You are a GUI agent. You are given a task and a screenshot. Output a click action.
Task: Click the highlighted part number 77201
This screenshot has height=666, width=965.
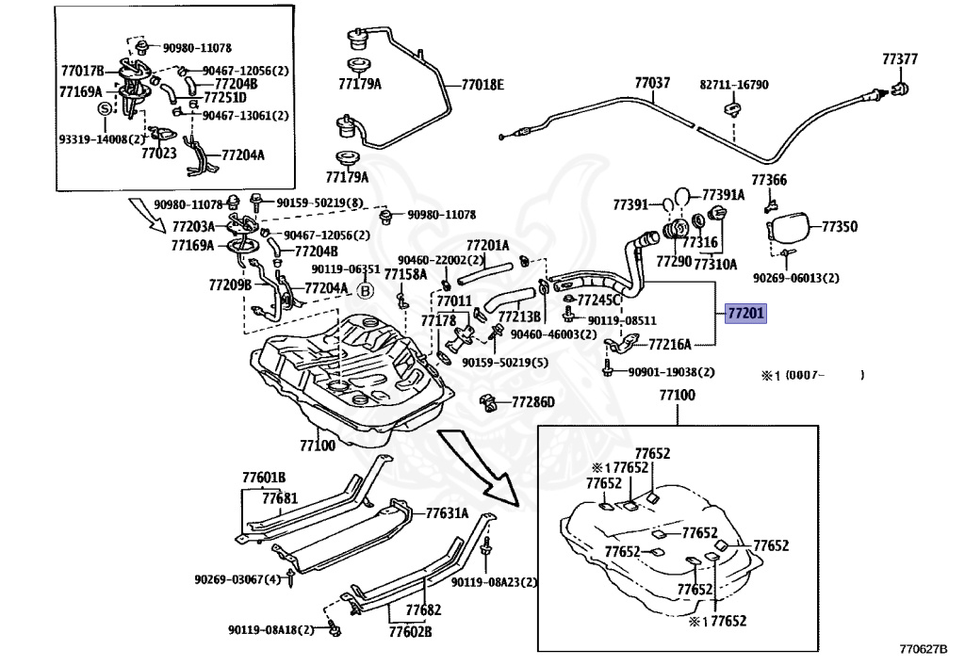[746, 313]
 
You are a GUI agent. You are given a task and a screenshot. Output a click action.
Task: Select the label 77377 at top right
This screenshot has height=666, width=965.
[899, 59]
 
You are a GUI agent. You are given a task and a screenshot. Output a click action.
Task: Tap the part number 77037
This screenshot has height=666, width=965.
[652, 83]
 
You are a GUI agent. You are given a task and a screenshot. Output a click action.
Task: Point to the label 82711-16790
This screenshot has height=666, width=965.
[733, 85]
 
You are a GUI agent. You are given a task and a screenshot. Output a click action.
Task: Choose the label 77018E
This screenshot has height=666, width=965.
[482, 85]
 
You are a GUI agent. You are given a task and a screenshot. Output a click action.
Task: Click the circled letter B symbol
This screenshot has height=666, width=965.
[367, 291]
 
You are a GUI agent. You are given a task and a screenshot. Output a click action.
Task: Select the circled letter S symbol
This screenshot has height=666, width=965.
[106, 109]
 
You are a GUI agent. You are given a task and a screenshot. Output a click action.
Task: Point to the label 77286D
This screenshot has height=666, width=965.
[533, 402]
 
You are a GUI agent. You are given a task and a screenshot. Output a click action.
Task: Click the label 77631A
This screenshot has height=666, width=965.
[447, 513]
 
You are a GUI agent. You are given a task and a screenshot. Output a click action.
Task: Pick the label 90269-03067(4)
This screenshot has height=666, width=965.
[237, 579]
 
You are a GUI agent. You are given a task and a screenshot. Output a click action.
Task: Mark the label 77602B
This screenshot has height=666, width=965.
[409, 630]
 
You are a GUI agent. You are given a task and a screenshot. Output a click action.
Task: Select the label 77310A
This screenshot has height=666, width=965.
[715, 265]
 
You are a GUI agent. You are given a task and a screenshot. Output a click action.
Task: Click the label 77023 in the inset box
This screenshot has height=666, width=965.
[158, 152]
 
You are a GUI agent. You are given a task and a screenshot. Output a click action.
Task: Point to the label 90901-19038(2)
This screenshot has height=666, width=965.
[671, 372]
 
